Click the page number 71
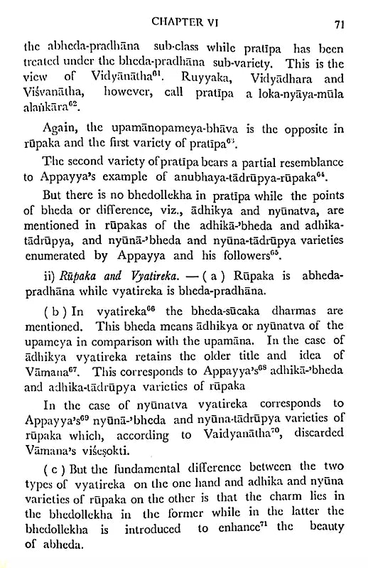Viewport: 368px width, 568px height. click(x=339, y=23)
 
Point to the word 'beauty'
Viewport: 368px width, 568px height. click(x=323, y=548)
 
